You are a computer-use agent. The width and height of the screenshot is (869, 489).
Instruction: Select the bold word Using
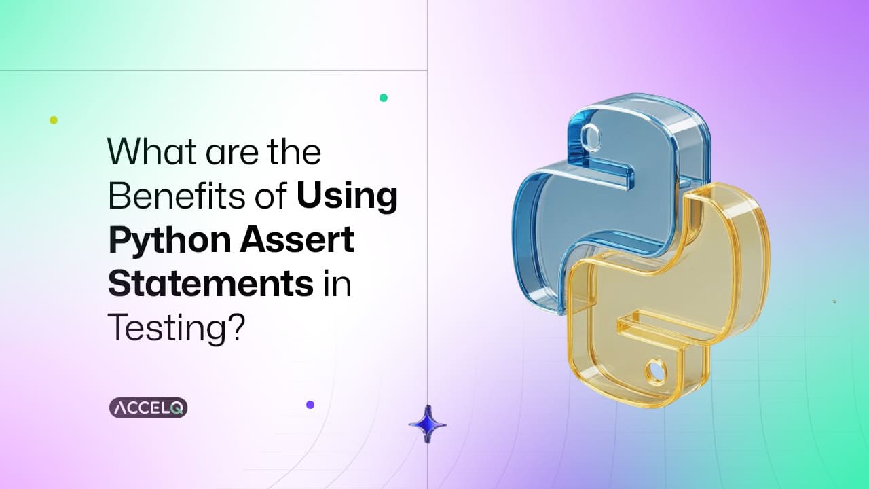(x=347, y=198)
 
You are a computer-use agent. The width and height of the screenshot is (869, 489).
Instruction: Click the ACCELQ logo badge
(x=148, y=407)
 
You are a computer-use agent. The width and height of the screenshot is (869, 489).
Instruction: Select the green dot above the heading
(x=384, y=98)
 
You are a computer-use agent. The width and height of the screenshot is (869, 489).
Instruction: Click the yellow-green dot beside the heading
(x=54, y=120)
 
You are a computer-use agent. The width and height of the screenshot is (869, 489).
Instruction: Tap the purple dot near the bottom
(x=310, y=405)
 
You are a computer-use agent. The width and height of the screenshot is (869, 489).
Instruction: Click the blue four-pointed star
(x=428, y=424)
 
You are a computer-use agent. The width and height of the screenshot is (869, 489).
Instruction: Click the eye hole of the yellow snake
(x=655, y=371)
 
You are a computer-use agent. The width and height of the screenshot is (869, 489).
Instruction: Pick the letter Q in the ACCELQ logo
(x=177, y=408)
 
